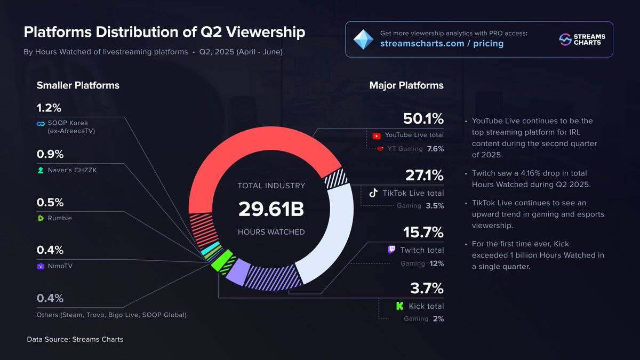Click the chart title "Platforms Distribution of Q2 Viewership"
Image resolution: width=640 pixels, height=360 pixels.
click(x=164, y=32)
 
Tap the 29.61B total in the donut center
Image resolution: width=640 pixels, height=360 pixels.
click(x=271, y=209)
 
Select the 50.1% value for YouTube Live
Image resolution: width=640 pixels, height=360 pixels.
click(x=423, y=118)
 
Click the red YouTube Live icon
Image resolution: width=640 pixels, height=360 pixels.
click(x=377, y=135)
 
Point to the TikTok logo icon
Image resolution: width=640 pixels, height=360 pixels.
click(x=374, y=193)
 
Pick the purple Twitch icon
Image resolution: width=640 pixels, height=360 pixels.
click(x=391, y=250)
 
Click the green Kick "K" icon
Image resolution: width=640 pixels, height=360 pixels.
click(x=399, y=306)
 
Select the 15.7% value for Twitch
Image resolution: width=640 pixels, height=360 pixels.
click(x=423, y=233)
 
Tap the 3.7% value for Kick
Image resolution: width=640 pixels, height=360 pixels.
click(x=427, y=289)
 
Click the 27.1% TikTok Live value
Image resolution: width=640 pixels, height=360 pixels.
click(x=425, y=175)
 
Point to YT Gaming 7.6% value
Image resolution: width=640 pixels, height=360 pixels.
click(x=435, y=149)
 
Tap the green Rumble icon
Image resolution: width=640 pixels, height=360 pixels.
click(x=41, y=218)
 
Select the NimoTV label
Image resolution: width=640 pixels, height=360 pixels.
click(x=60, y=266)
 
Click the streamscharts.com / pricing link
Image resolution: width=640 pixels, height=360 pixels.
click(x=442, y=44)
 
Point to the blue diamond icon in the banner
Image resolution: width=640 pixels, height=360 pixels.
click(x=364, y=39)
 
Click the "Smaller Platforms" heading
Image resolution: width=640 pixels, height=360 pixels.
click(x=78, y=85)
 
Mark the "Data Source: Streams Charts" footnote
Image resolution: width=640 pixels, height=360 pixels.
click(x=75, y=339)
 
